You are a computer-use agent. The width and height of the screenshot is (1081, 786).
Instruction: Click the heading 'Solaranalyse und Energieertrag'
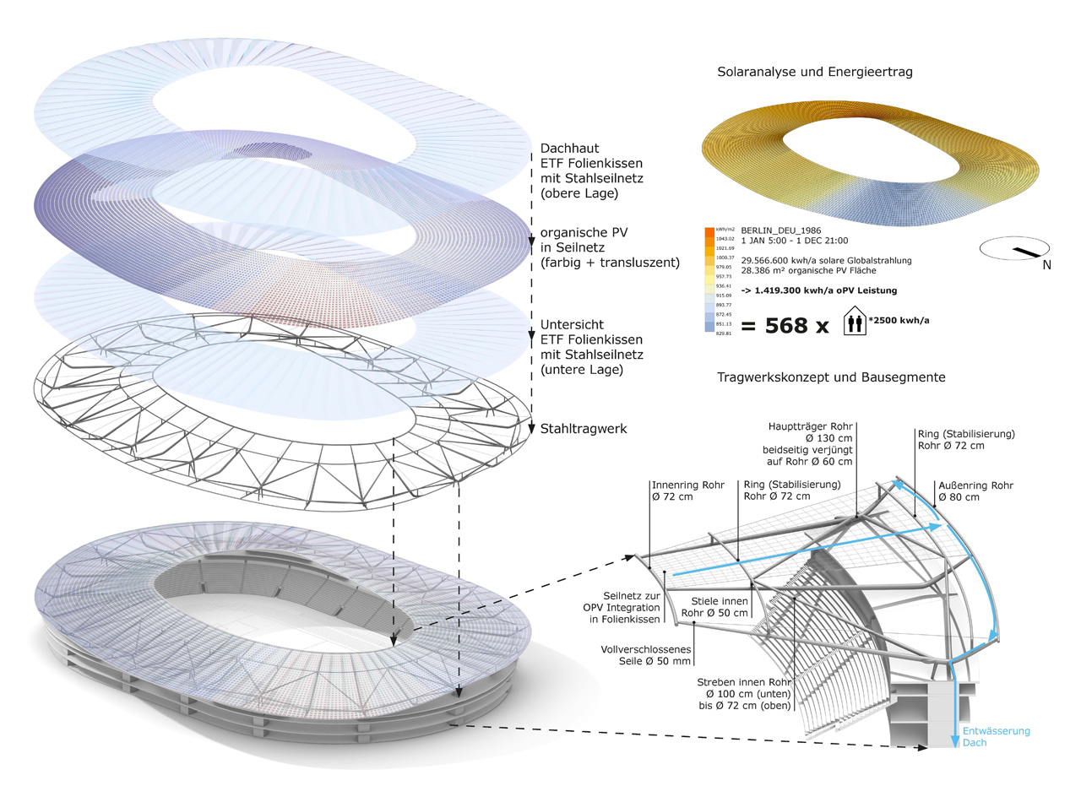click(x=814, y=73)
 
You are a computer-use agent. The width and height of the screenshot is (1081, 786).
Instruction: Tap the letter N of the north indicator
click(x=1046, y=265)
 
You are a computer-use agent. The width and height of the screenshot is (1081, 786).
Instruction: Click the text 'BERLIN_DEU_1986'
click(x=780, y=230)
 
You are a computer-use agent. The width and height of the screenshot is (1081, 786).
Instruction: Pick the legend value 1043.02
click(x=725, y=239)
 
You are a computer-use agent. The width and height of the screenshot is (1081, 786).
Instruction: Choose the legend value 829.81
click(x=725, y=333)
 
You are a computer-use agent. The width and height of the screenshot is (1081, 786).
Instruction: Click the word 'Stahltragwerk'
click(x=584, y=429)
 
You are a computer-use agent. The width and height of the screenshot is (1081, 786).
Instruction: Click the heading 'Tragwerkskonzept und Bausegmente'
click(x=831, y=377)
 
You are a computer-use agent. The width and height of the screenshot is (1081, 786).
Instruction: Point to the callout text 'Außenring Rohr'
click(x=975, y=486)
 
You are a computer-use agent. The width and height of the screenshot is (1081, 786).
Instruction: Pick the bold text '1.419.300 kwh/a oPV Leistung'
click(x=819, y=290)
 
